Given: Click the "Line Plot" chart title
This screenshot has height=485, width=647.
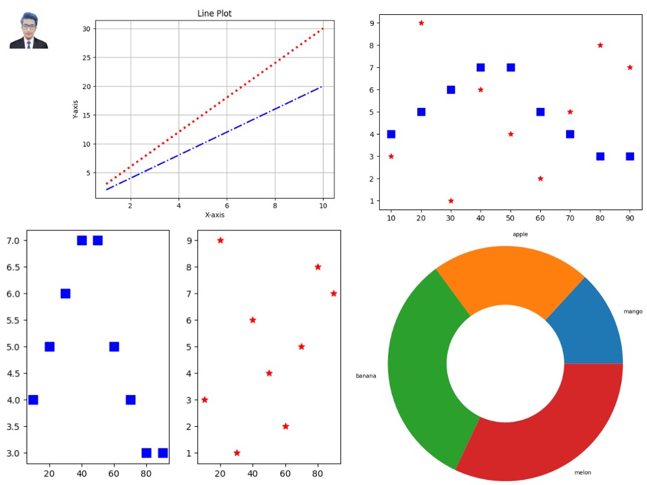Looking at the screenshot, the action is pos(214,13).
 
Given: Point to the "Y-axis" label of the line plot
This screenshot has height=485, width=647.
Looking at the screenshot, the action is pos(75,109).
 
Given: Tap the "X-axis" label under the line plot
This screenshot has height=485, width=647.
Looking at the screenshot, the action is pos(215,215).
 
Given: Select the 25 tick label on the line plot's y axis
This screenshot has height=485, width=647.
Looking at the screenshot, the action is pos(86,58).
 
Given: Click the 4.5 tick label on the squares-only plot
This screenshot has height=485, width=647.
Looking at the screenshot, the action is pos(13,373).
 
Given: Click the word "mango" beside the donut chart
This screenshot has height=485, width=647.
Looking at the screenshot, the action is pos(633,312).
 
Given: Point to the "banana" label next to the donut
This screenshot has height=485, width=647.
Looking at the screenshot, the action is pos(366,376).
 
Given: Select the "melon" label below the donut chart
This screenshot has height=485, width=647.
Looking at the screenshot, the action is pos(583,473).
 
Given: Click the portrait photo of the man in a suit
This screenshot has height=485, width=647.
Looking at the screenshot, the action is pos(29,30).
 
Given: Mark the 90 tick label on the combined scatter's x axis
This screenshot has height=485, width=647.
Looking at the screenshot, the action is pos(630,218).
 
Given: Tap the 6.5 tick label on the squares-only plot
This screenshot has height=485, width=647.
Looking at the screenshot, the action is pos(13,267).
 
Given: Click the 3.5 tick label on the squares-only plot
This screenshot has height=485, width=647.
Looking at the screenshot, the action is pos(13,426).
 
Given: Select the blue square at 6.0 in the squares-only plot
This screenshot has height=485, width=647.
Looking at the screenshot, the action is pos(65,294).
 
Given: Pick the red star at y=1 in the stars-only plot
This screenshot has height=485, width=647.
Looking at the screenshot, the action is pos(237,453).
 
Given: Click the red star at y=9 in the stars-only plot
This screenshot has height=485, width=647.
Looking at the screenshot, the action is pos(221,241).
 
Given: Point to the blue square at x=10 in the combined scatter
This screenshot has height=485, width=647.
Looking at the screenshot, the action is pos(391,134).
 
